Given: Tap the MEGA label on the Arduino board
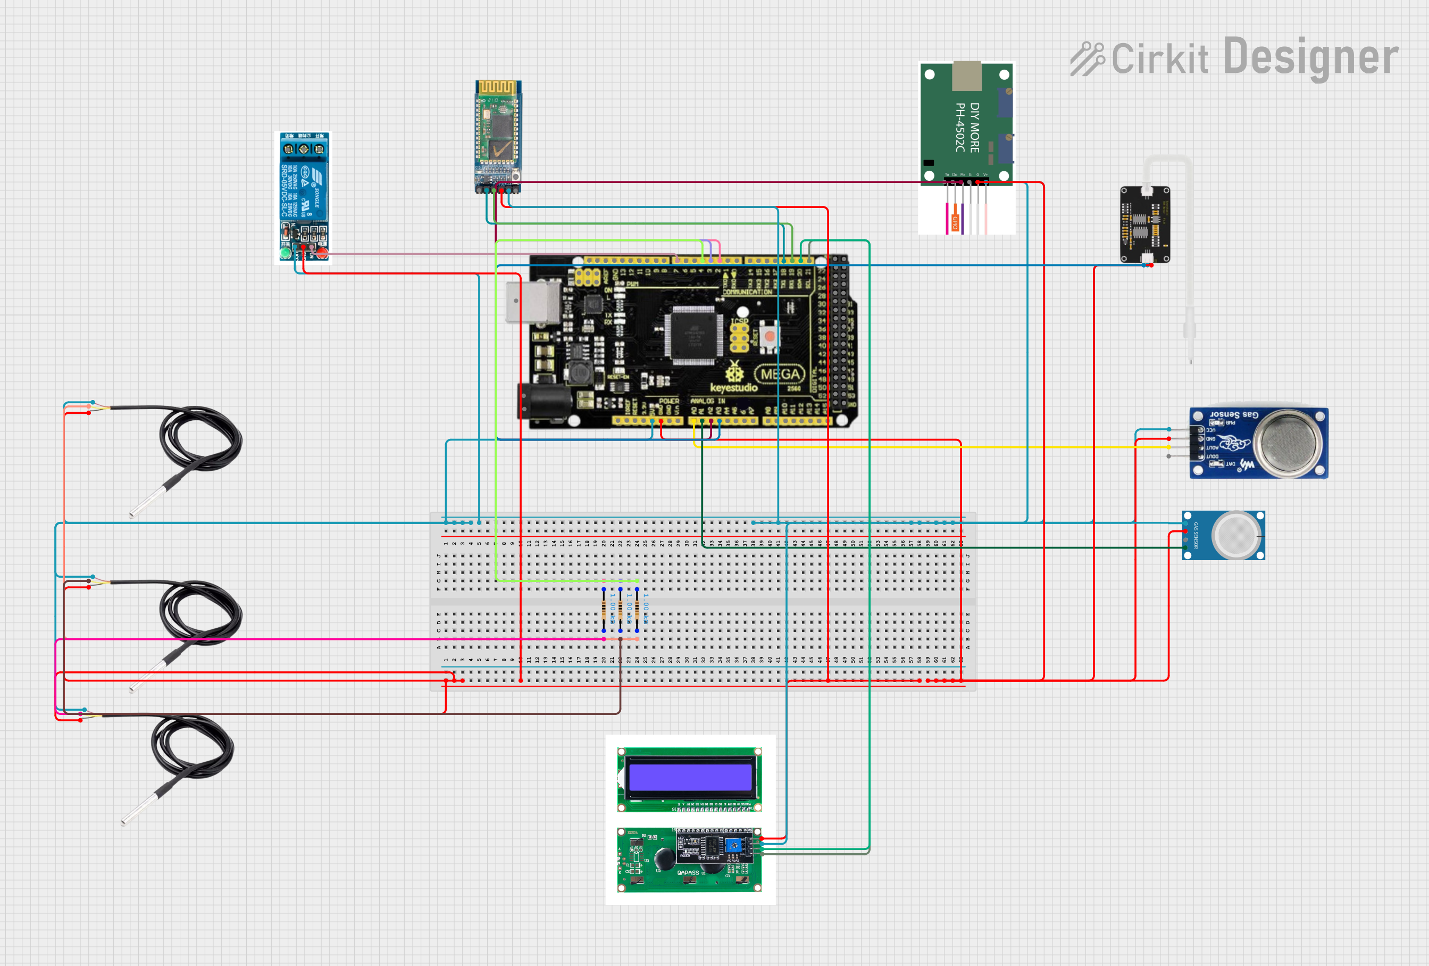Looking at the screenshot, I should (x=780, y=374).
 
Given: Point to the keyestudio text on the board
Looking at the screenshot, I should (x=733, y=387).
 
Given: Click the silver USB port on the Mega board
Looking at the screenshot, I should (x=532, y=302).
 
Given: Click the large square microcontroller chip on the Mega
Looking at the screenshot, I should (x=693, y=335).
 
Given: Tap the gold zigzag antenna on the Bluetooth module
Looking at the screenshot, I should (x=497, y=87).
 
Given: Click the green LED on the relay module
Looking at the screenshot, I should (x=285, y=253).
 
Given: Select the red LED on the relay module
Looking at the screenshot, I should (x=322, y=253).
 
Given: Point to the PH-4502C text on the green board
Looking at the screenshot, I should (x=960, y=127).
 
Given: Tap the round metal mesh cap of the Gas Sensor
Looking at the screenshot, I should (x=1288, y=443).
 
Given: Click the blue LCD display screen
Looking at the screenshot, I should (x=690, y=777).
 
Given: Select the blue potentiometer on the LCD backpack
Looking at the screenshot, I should (x=732, y=845).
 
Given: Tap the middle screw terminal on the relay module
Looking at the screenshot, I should (x=304, y=149).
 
